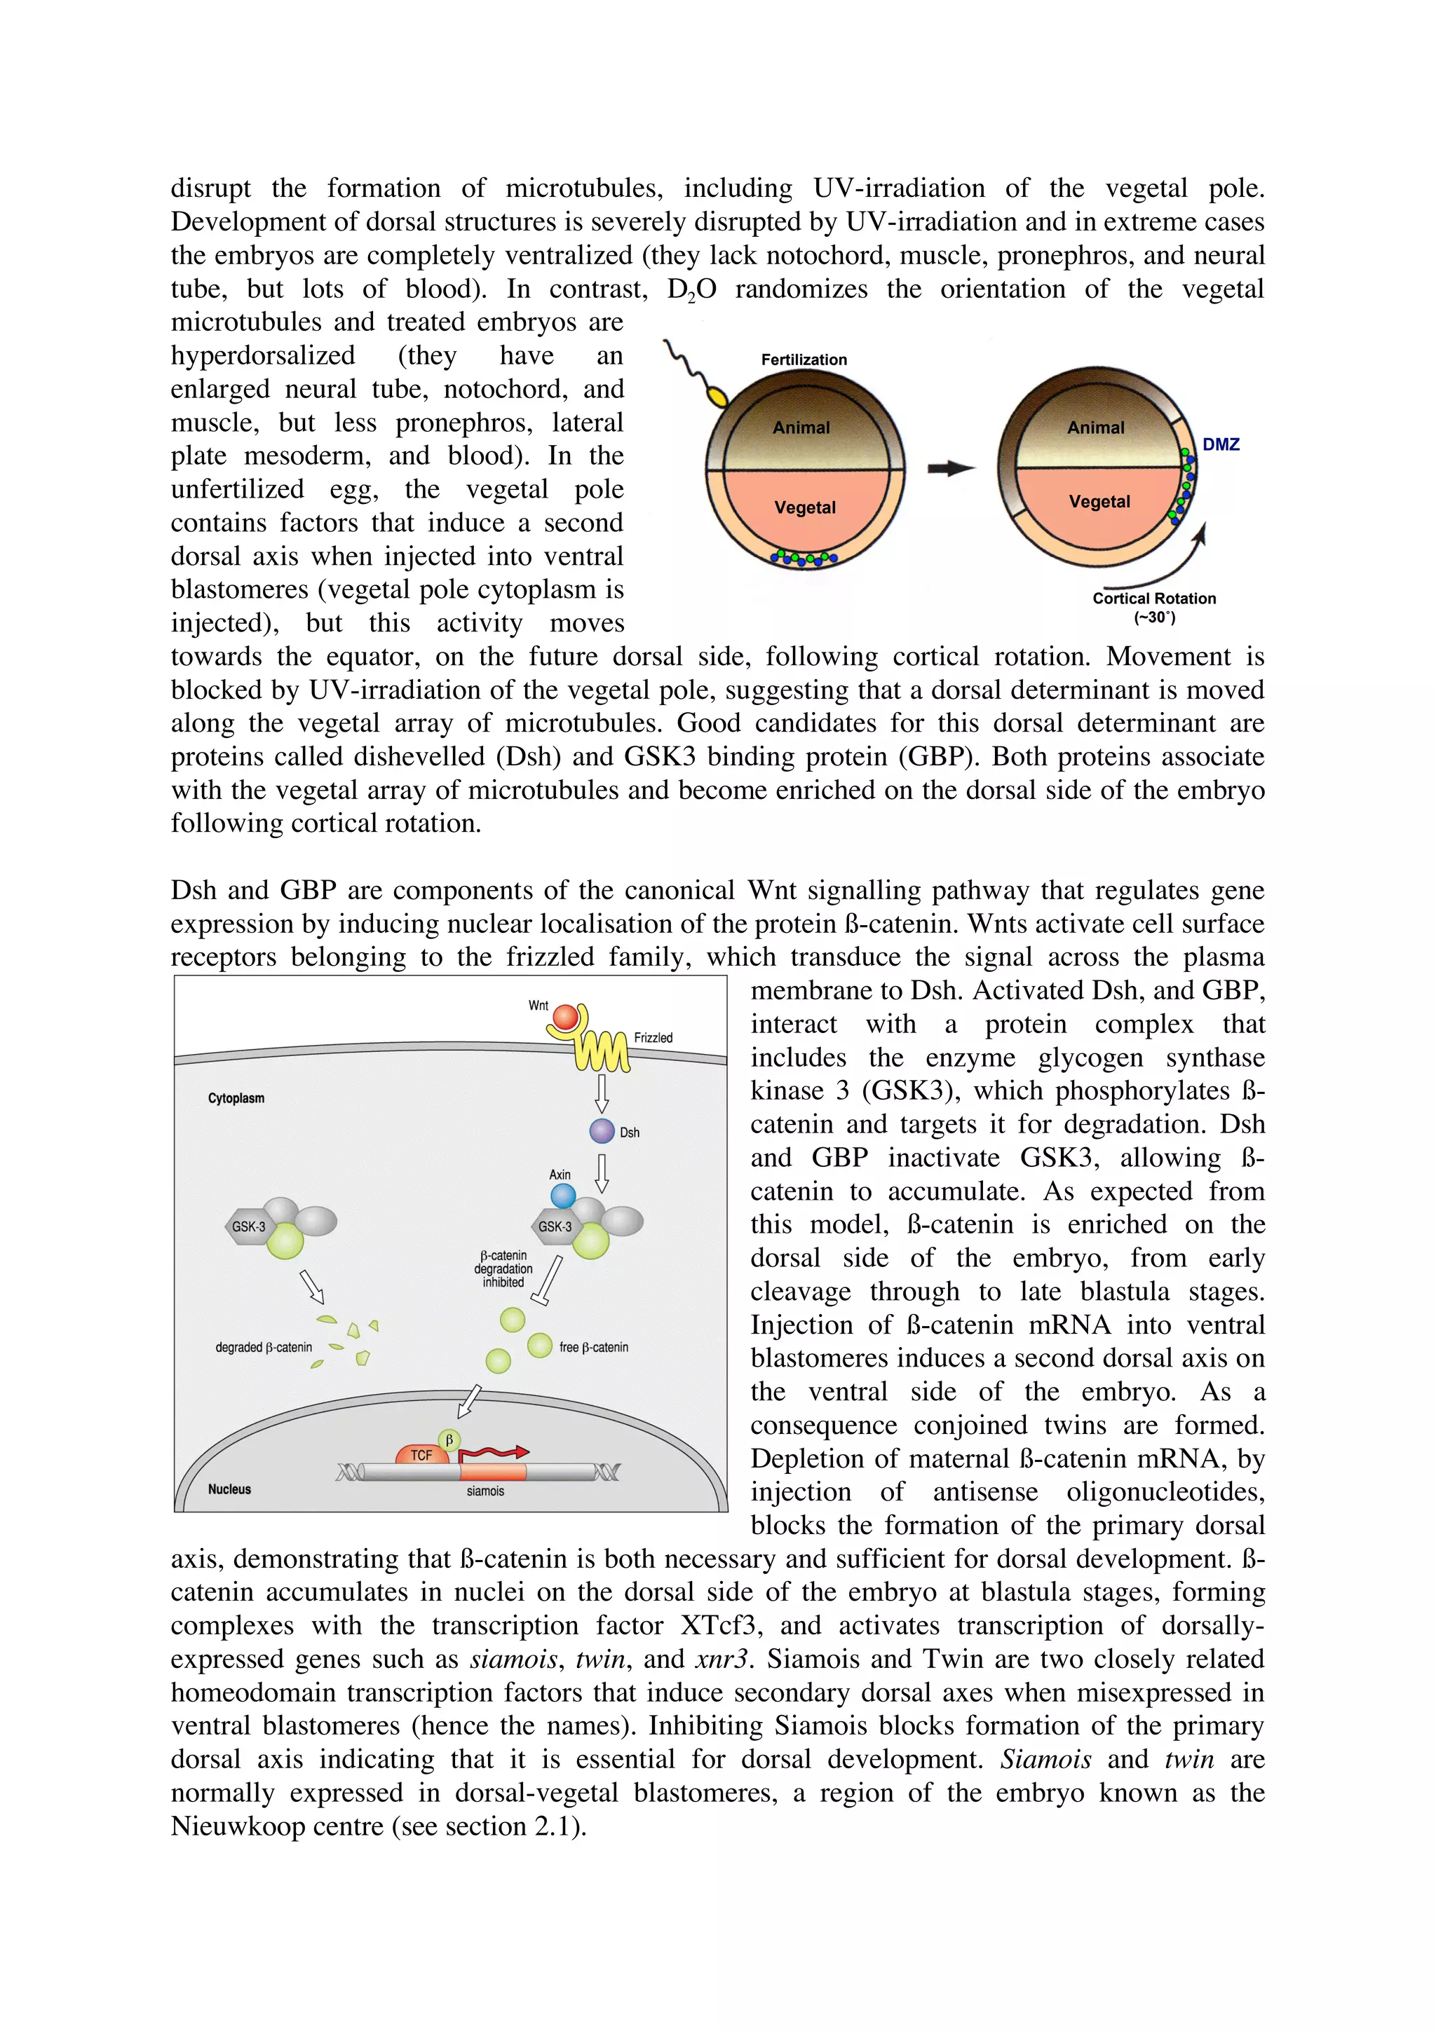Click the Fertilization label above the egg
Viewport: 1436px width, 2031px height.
(804, 359)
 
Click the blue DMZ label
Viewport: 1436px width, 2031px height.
(1220, 444)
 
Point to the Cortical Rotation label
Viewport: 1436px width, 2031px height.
(1153, 599)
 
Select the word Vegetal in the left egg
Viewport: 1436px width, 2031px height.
(804, 507)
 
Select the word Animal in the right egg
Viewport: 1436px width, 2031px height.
(1095, 428)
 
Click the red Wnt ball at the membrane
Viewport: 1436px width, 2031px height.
(564, 1018)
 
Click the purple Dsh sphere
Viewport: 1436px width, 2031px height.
(602, 1130)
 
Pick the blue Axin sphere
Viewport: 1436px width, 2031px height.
(563, 1196)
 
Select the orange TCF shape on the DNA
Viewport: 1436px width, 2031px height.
(422, 1454)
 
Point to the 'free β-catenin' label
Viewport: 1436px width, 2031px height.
(594, 1346)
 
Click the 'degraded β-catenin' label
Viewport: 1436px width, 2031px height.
(264, 1346)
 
